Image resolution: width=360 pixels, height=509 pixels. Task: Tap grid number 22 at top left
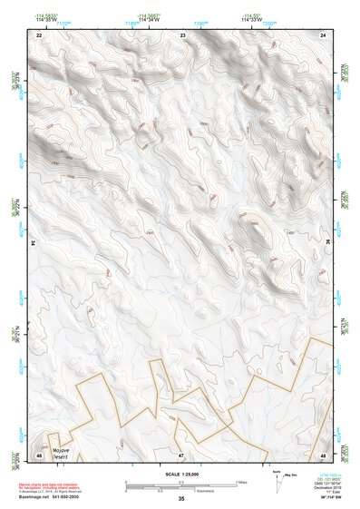[x=39, y=34]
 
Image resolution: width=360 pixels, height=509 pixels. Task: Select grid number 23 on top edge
[x=183, y=34]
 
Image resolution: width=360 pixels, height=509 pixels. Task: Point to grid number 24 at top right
[x=324, y=34]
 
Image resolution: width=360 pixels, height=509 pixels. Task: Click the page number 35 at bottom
[x=181, y=499]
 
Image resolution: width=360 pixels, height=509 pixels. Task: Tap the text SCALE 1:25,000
[x=180, y=475]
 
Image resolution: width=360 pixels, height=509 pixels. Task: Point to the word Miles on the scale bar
[x=240, y=482]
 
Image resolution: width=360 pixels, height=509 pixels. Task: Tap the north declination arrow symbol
[x=277, y=480]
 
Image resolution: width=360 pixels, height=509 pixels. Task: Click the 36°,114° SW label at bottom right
[x=323, y=496]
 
